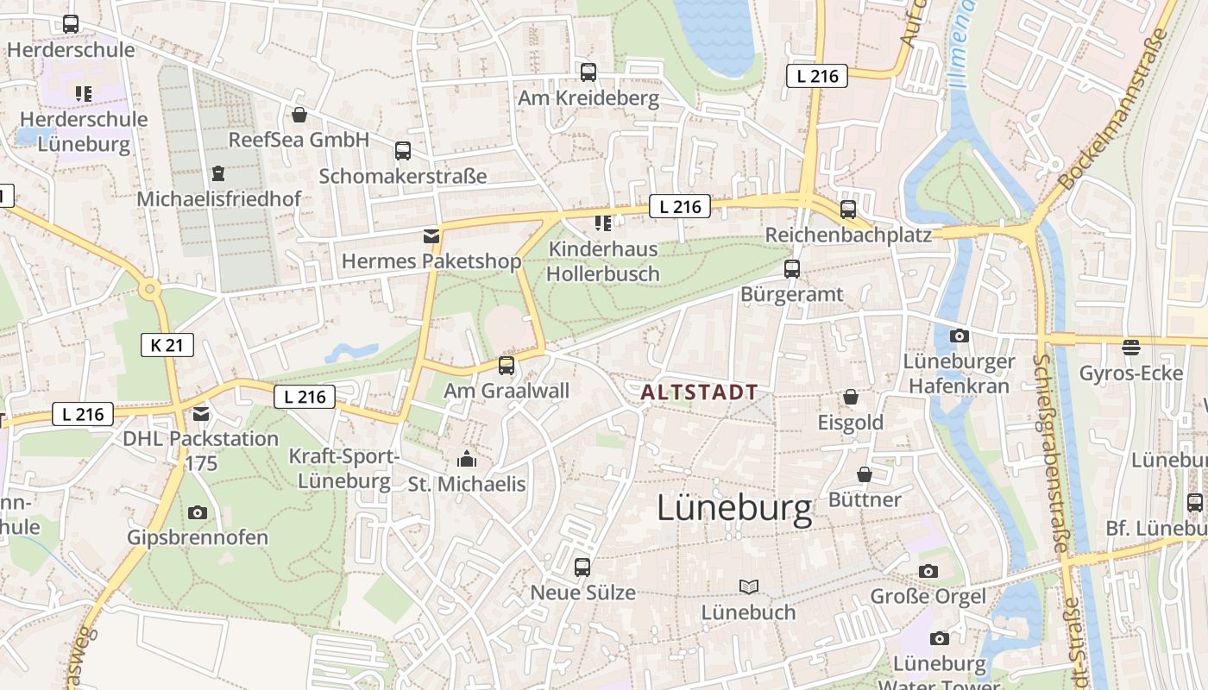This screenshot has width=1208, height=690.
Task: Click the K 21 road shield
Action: (167, 346)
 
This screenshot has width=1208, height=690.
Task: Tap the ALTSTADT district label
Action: (699, 392)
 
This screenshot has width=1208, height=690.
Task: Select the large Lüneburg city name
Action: (734, 509)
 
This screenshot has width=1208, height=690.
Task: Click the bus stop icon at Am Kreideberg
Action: (588, 72)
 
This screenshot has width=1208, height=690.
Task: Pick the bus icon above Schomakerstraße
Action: (403, 151)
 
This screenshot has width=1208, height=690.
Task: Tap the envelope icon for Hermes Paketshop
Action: (431, 236)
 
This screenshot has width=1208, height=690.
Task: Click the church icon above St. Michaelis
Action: (467, 458)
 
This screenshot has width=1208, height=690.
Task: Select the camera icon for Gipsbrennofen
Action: (198, 512)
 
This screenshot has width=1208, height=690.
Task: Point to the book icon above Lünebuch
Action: (749, 587)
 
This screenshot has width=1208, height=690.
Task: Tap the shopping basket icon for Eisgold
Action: (851, 397)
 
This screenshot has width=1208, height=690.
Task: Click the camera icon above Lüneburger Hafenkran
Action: (959, 336)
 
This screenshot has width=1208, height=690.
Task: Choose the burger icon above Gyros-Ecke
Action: (1130, 348)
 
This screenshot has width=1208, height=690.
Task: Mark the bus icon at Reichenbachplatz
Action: (848, 210)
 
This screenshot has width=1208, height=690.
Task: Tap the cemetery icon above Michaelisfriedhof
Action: (218, 173)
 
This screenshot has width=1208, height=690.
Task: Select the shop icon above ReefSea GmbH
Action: (299, 115)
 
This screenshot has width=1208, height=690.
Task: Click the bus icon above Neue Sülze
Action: (582, 568)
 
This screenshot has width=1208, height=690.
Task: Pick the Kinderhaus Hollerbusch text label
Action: (603, 261)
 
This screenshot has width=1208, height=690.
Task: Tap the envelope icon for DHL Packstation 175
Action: (201, 414)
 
